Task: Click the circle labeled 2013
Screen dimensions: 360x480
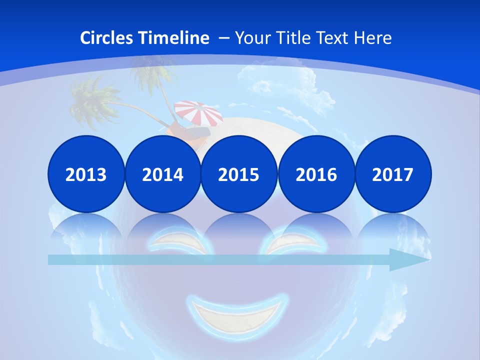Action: pos(86,174)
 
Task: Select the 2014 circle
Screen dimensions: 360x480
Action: pos(162,174)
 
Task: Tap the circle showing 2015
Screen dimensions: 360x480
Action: pos(239,174)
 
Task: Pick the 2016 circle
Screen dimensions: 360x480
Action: pos(316,174)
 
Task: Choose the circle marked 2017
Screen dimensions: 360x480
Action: pos(392,174)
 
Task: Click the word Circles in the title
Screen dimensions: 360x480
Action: pos(107,38)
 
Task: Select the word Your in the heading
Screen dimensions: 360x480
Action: pos(252,38)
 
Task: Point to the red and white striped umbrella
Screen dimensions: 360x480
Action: pos(199,113)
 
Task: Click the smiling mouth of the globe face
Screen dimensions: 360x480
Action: pos(237,312)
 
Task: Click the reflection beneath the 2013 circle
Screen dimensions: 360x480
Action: pos(86,227)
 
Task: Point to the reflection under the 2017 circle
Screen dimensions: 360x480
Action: pos(392,227)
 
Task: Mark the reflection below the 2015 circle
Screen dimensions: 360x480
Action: pos(239,227)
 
